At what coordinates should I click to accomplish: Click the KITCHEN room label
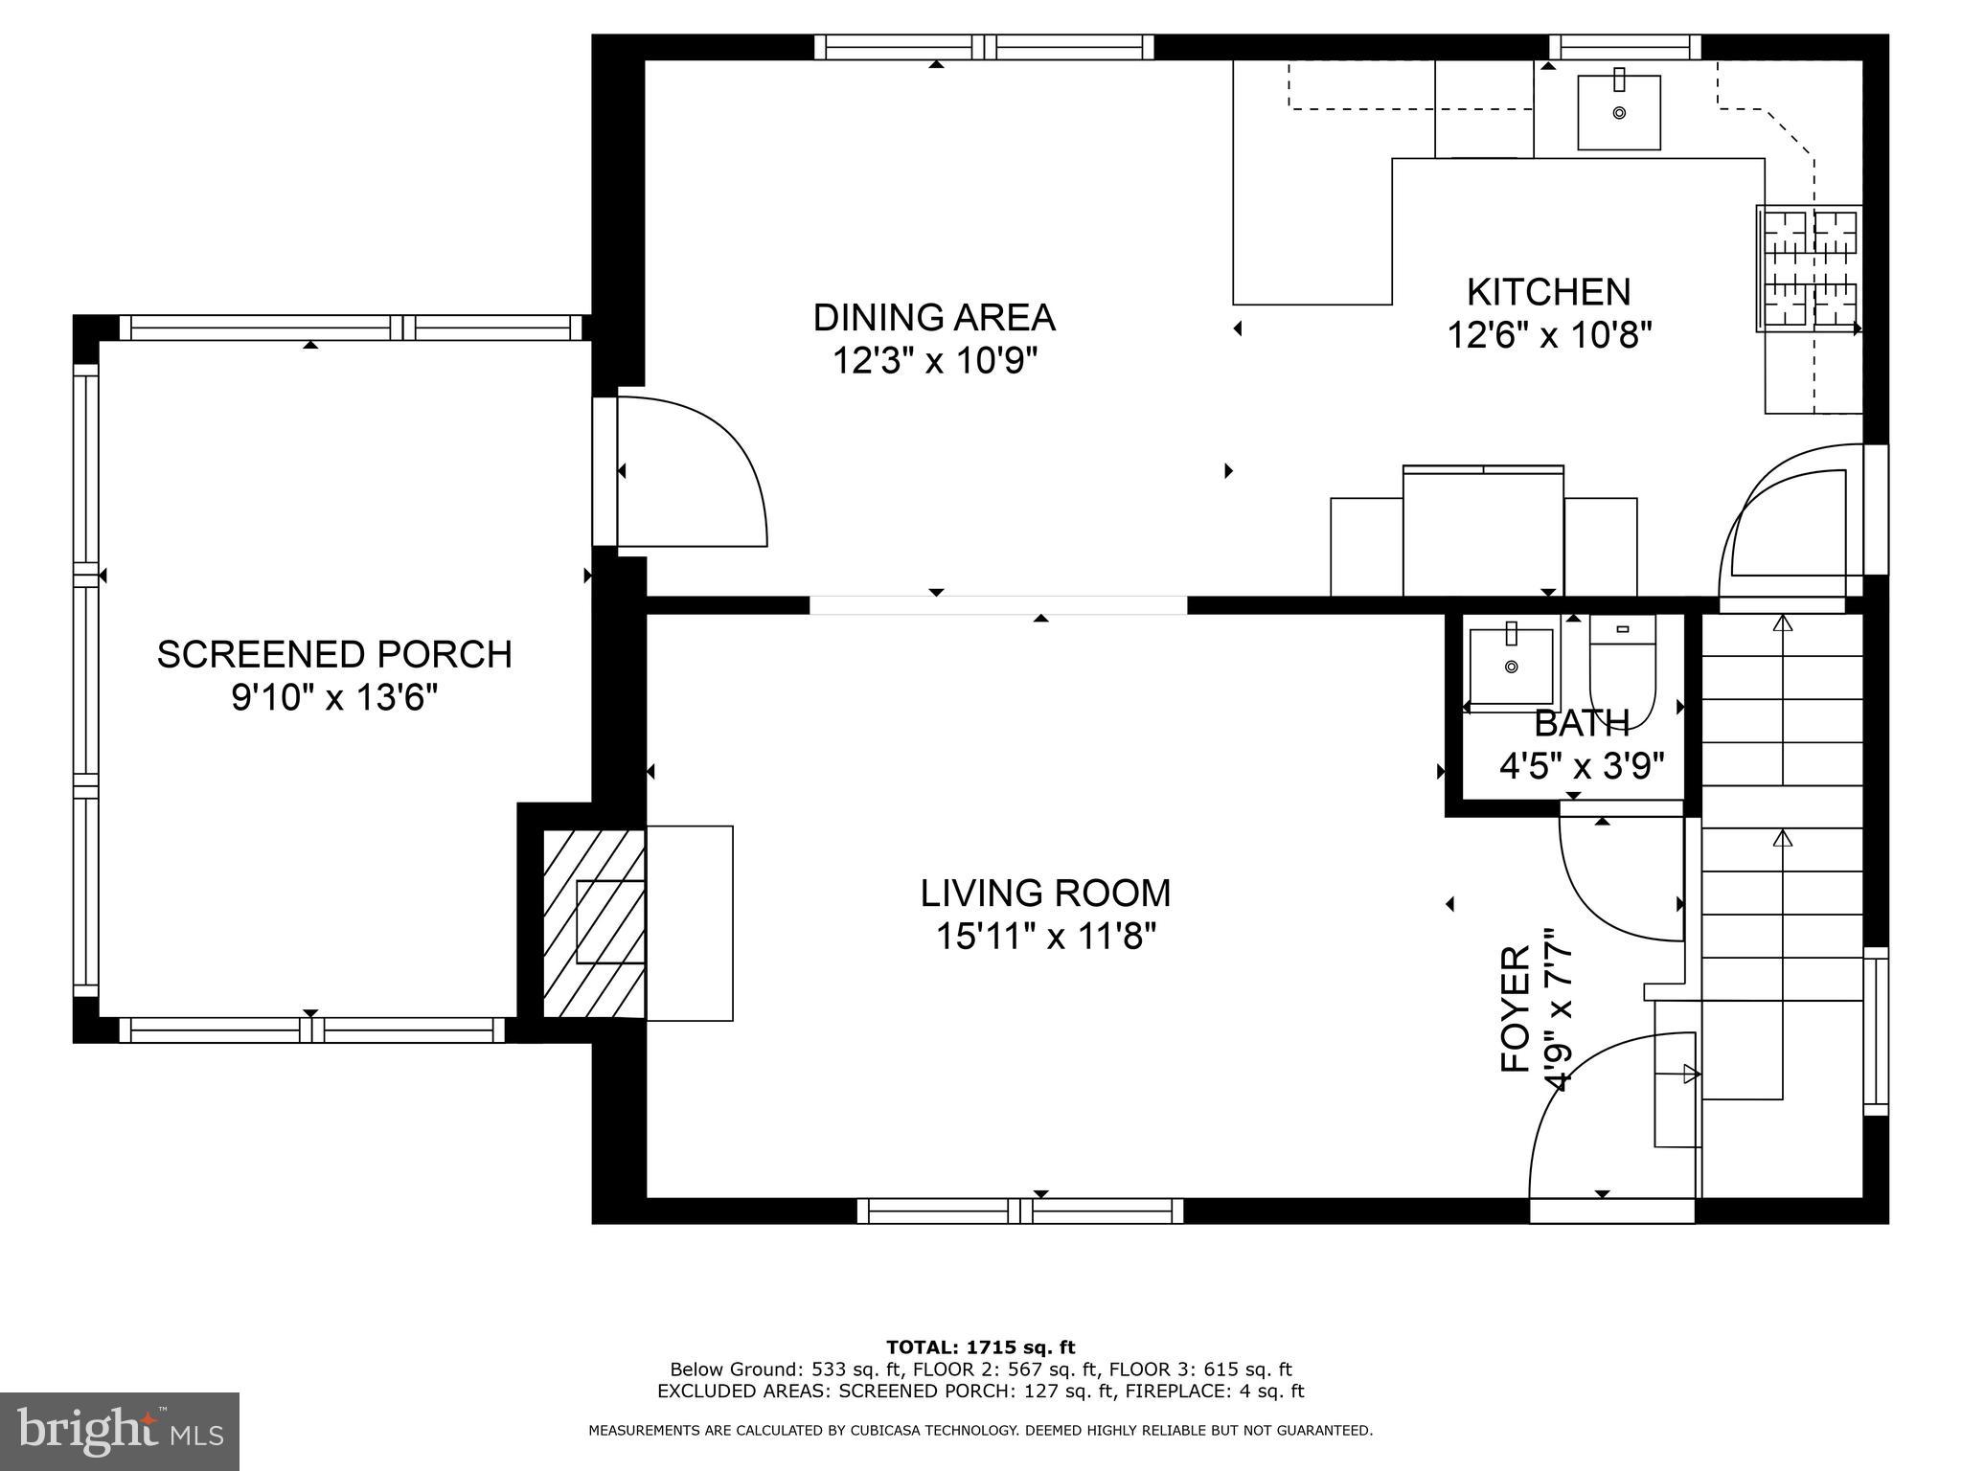tap(1548, 291)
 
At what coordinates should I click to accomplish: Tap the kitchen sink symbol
tap(1619, 113)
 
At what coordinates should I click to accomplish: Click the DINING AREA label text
tap(934, 317)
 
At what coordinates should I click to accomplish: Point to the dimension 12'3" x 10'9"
tap(934, 362)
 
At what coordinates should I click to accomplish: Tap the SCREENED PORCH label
tap(334, 654)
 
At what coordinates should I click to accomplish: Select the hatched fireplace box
tap(594, 922)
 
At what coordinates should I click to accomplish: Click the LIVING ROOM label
tap(1045, 893)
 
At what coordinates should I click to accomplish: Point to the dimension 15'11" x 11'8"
tap(1045, 937)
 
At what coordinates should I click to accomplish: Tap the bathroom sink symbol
tap(1511, 666)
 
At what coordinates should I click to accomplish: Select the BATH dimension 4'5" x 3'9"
tap(1581, 767)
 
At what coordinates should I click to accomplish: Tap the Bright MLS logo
tap(120, 1431)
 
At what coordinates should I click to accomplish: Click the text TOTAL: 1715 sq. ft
tap(980, 1347)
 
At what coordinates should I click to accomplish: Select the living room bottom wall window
tap(1019, 1211)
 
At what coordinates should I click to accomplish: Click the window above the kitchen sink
tap(1624, 47)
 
